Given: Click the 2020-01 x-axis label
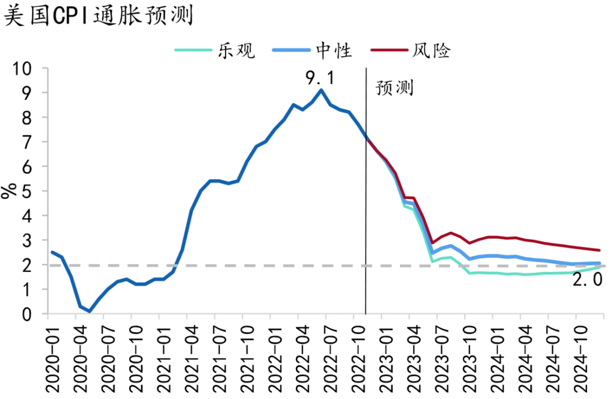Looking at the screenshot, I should (x=53, y=356).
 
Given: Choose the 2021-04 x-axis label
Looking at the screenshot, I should (x=191, y=356).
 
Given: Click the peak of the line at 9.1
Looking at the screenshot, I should (x=321, y=90).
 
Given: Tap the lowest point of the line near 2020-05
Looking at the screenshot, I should (x=90, y=311).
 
